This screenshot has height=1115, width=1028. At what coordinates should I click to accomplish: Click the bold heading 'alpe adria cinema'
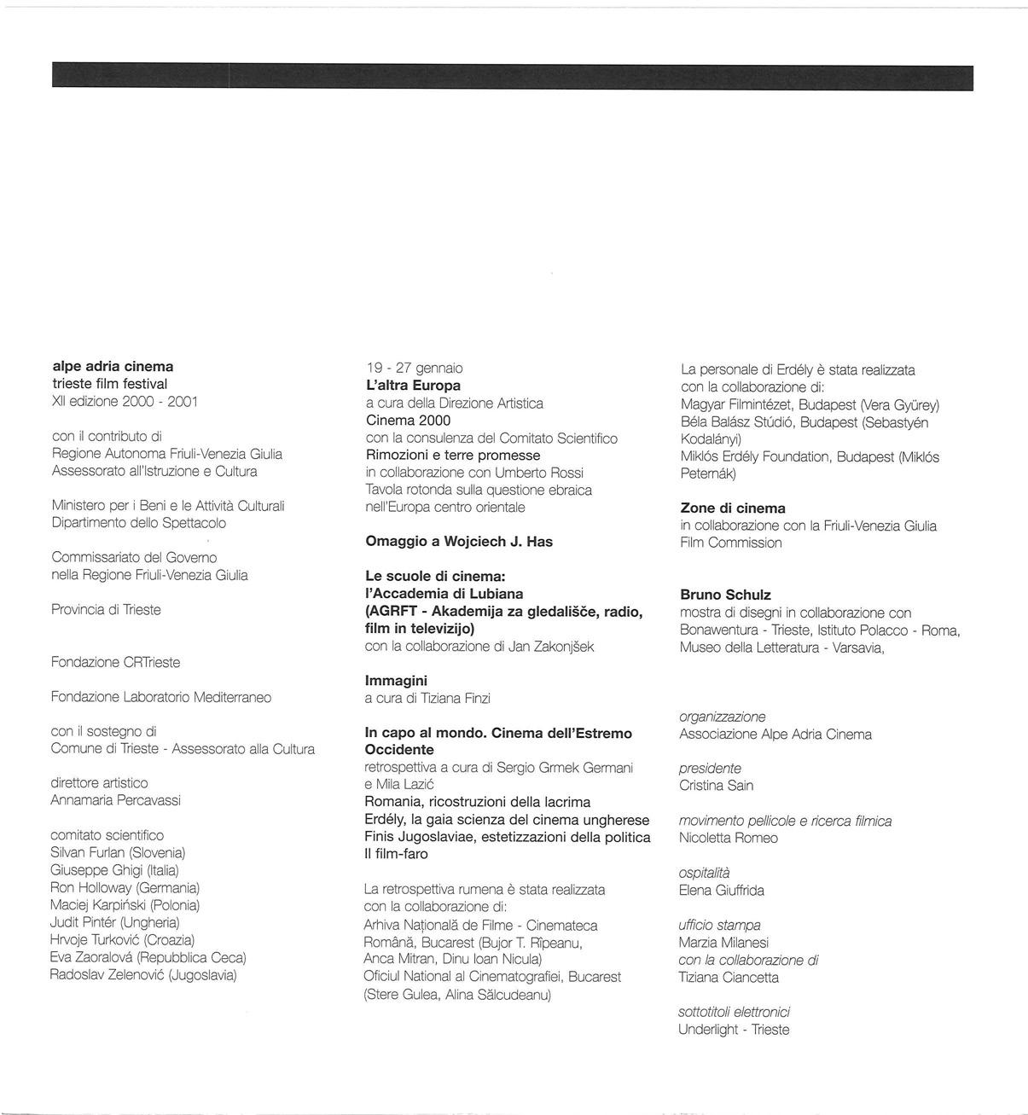pos(113,367)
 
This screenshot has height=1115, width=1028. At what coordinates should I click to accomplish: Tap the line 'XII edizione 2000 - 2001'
pos(125,401)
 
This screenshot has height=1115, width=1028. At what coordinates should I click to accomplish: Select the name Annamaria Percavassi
pos(115,800)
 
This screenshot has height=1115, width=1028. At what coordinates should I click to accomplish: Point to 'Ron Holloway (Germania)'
pos(125,887)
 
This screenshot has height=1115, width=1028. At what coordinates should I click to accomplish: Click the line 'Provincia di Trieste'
pos(106,610)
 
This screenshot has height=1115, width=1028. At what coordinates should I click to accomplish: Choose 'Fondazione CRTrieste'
pos(115,662)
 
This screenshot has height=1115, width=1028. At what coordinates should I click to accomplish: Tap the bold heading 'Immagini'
pos(396,681)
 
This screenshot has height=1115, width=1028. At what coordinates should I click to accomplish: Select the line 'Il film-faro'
pos(396,854)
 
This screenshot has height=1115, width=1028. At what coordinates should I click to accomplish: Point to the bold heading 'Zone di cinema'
pos(733,508)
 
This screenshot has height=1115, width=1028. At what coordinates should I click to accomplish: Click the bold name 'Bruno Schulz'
pos(725,595)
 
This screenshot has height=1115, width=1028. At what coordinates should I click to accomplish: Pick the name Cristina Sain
pos(716,786)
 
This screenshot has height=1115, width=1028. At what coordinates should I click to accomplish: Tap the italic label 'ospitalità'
pos(704,873)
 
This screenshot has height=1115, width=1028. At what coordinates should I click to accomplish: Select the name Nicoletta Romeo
pos(728,838)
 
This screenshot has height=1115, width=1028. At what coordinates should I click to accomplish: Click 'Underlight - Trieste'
pos(734,1030)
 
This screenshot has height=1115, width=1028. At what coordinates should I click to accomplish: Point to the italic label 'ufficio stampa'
pos(719,925)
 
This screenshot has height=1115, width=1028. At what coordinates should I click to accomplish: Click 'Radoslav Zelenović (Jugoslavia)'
pos(143,974)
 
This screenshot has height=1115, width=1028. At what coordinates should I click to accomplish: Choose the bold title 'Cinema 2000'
pos(408,421)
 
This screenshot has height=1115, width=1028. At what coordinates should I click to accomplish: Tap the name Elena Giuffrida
pos(721,891)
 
